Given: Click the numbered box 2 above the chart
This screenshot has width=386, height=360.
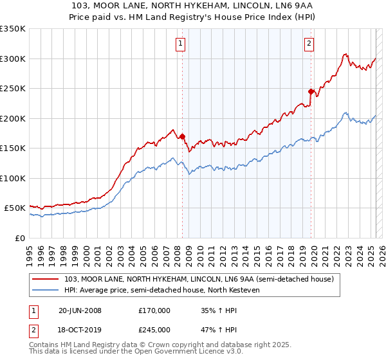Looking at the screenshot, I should [309, 44].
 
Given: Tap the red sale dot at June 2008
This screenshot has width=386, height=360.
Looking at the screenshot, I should [182, 136].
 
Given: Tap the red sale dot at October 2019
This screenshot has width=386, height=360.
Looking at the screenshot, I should [311, 91].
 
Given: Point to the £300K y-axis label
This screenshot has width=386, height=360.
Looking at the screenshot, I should [13, 59].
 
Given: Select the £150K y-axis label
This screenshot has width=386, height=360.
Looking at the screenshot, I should [13, 148].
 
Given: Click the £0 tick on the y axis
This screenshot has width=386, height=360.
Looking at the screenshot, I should [19, 238].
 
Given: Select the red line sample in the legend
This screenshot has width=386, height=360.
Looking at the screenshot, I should [46, 279].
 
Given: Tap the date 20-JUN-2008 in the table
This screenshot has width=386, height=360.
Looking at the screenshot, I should [79, 310].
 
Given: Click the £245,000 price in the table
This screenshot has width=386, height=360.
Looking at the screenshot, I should [154, 330].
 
